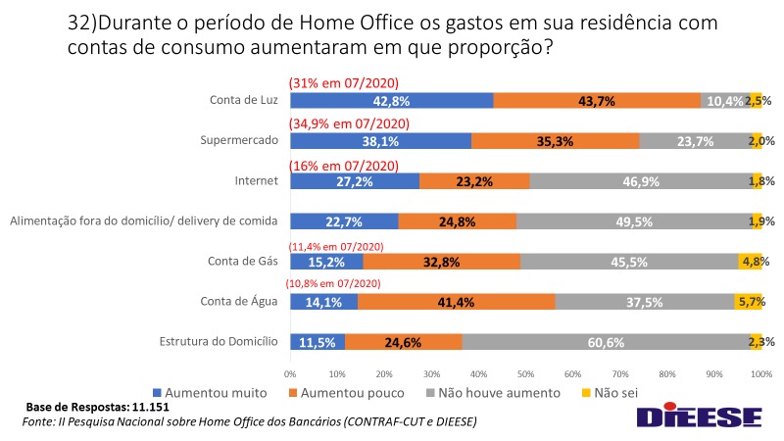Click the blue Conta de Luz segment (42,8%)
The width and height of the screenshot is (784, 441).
click(391, 101)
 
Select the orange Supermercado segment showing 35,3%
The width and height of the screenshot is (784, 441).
click(556, 140)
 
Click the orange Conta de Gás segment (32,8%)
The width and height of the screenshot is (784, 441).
click(440, 262)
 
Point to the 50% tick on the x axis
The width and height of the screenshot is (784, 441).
click(525, 373)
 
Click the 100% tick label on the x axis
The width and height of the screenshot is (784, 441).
click(760, 373)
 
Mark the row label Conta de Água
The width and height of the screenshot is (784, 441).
click(240, 302)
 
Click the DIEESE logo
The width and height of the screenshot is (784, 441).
click(699, 416)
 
